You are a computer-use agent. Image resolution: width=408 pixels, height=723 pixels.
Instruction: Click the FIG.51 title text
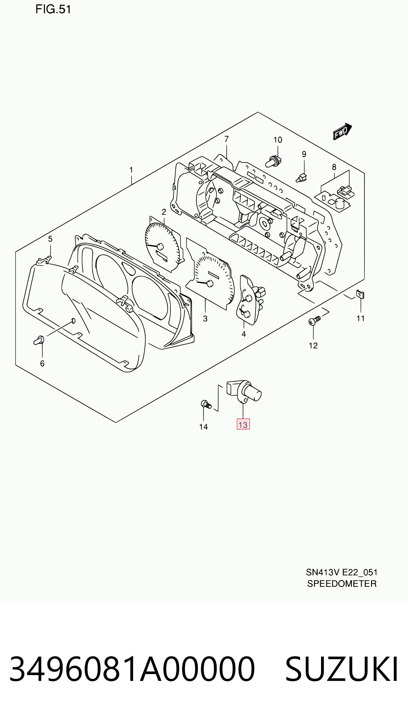tap(53, 10)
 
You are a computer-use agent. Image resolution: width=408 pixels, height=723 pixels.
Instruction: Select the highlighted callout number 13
tap(243, 424)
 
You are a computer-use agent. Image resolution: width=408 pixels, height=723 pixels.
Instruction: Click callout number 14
tap(203, 427)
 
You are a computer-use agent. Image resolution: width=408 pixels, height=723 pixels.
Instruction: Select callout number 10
tap(278, 140)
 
